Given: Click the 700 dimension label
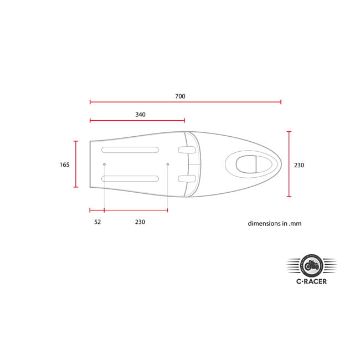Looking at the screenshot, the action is click(x=180, y=96).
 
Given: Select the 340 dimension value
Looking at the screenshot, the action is click(x=140, y=115).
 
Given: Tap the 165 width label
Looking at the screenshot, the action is click(x=64, y=165).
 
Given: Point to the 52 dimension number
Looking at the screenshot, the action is click(x=97, y=222).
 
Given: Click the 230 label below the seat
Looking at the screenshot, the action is click(x=140, y=222).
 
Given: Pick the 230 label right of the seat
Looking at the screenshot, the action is click(x=299, y=165).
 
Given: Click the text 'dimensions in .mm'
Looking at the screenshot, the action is click(x=275, y=224).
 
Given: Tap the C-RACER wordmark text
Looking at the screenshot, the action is click(x=312, y=281).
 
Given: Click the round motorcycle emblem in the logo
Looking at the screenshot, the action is click(x=312, y=266).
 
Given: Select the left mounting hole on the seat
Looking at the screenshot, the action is click(x=104, y=164).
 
